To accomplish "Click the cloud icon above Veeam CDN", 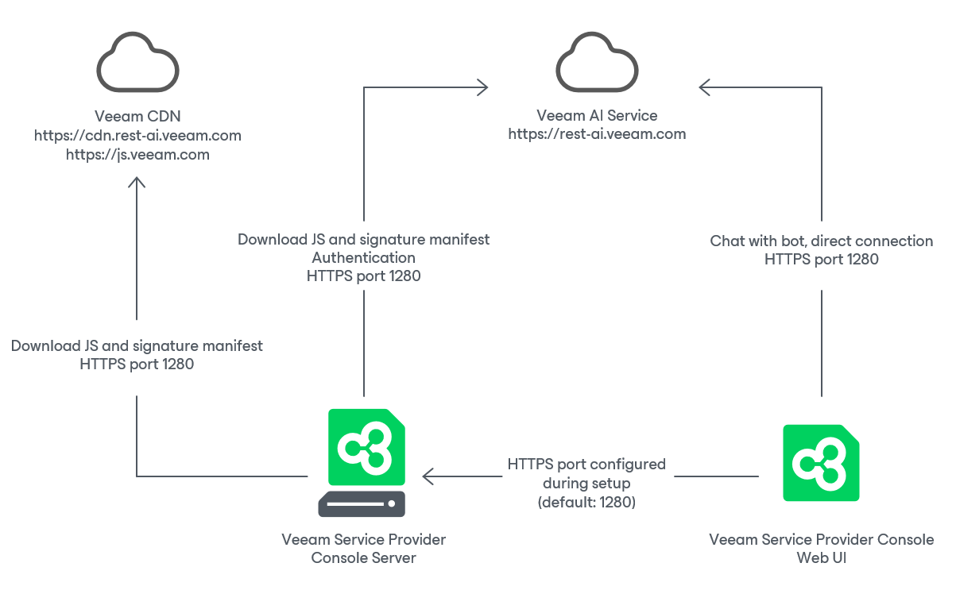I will click(x=137, y=64).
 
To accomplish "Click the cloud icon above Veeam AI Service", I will click(x=597, y=64).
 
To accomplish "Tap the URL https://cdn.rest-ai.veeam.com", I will click(x=137, y=136).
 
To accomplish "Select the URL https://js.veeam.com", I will click(x=137, y=155).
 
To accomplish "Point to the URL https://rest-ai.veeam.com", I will click(x=597, y=134).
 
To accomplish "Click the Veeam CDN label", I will click(x=137, y=117).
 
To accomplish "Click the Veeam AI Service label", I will click(x=597, y=115).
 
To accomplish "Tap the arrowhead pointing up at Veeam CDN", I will click(x=137, y=183).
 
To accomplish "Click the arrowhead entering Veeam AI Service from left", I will click(x=483, y=87).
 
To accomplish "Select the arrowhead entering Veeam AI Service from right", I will click(x=704, y=87).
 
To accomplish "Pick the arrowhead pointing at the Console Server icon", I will click(x=428, y=476).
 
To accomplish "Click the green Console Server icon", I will click(x=366, y=447).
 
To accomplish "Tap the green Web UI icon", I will click(x=821, y=463).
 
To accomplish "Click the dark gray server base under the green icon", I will click(x=362, y=504).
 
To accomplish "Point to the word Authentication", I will click(x=363, y=258).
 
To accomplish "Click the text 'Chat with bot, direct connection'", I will click(x=821, y=241).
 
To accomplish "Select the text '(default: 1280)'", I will click(x=586, y=503).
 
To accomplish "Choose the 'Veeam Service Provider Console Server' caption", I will click(x=363, y=549).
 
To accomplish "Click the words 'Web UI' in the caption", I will click(x=821, y=558).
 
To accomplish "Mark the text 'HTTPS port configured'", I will click(x=586, y=465).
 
